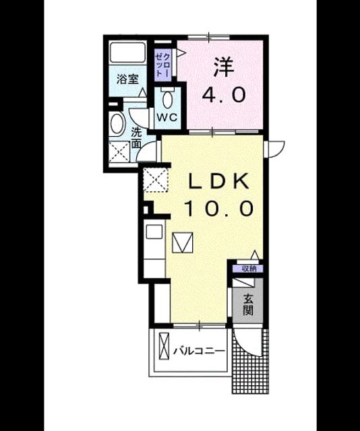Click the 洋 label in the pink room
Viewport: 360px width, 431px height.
click(224, 67)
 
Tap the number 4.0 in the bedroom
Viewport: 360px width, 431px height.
click(224, 95)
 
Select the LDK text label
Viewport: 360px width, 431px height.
click(219, 180)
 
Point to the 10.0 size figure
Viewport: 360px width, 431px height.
click(219, 208)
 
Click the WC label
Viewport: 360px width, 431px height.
click(167, 117)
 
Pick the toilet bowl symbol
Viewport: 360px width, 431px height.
click(167, 99)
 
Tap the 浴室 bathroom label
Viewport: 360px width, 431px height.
click(127, 79)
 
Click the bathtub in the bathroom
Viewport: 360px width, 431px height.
click(127, 53)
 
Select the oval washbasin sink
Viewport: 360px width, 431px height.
click(117, 124)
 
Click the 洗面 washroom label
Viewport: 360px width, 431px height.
click(136, 138)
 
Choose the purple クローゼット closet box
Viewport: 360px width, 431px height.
click(163, 65)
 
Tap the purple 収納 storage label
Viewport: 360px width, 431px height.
click(248, 269)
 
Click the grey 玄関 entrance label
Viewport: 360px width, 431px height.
click(248, 304)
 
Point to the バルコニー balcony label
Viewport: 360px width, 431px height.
click(199, 351)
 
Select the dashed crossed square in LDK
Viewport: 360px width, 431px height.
click(156, 180)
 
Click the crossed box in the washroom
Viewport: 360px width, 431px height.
click(119, 152)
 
